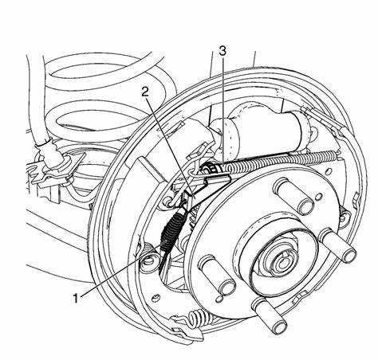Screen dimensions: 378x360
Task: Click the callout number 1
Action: [76, 298]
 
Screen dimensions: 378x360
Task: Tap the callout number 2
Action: [145, 92]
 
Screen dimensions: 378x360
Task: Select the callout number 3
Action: [222, 51]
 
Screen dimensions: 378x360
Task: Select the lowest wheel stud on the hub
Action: [270, 315]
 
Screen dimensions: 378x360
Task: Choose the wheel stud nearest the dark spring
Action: [217, 275]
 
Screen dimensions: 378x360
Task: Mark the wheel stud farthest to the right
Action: [338, 245]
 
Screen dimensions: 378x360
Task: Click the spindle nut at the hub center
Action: [282, 262]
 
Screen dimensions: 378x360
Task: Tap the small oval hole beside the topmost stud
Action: [317, 197]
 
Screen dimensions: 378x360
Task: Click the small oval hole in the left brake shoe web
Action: [155, 298]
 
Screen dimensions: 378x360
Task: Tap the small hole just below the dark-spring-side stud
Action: [220, 299]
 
